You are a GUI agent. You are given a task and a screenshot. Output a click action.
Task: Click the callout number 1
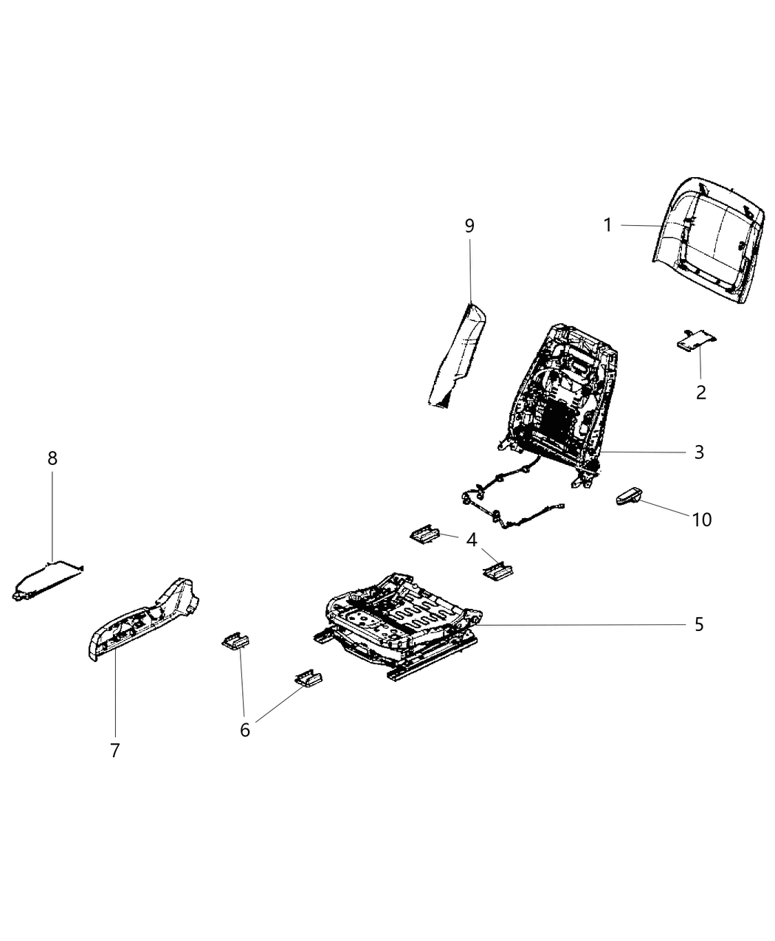(x=607, y=225)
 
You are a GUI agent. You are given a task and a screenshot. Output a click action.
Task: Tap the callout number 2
(x=700, y=393)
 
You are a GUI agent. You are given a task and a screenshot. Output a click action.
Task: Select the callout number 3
(x=699, y=452)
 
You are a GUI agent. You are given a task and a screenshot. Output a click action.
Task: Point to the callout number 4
(x=471, y=540)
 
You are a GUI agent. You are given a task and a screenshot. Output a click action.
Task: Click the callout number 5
(x=699, y=625)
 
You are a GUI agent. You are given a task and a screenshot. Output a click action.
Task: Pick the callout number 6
(x=245, y=730)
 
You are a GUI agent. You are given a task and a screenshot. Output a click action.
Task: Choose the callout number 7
(x=114, y=751)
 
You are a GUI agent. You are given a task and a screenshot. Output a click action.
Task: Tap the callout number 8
(x=52, y=458)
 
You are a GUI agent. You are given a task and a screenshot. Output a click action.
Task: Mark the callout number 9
(x=469, y=226)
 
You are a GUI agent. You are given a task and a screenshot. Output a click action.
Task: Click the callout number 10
(x=701, y=520)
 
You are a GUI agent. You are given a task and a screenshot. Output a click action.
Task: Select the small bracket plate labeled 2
(x=697, y=339)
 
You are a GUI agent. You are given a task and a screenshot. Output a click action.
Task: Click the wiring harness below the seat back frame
(x=509, y=502)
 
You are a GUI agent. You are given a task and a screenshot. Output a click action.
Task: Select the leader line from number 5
(x=583, y=625)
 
